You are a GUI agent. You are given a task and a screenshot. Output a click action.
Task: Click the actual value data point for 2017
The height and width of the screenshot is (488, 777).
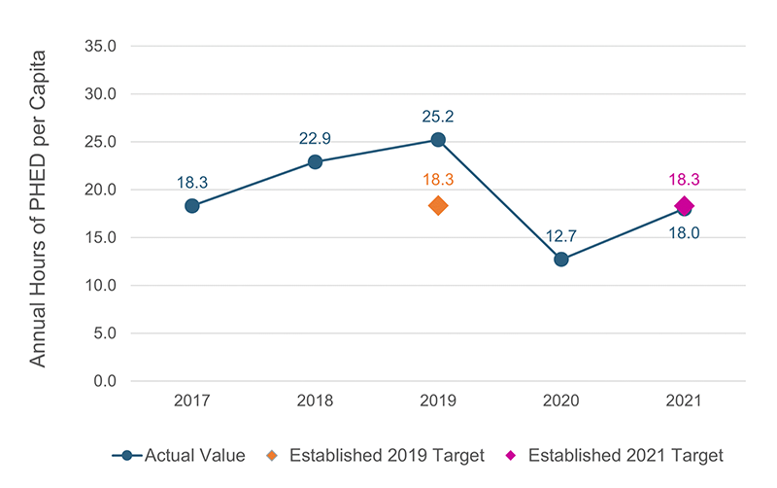click(192, 206)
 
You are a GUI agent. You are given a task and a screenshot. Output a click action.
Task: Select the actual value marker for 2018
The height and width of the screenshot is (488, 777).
click(316, 161)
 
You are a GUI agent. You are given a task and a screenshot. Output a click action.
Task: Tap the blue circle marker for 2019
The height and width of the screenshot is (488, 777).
click(438, 140)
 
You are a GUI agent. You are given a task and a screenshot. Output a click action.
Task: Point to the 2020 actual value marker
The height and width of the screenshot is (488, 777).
click(561, 260)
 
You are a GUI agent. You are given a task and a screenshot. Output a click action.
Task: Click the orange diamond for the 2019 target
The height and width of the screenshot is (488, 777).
click(438, 206)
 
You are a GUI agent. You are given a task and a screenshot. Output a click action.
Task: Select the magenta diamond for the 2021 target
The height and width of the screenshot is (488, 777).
click(685, 205)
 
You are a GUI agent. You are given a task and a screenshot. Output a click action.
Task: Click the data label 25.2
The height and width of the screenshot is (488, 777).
click(438, 117)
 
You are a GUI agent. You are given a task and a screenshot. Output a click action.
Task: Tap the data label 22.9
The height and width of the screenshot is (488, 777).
click(316, 139)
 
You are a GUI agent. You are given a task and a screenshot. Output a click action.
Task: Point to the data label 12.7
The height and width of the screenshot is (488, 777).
click(561, 236)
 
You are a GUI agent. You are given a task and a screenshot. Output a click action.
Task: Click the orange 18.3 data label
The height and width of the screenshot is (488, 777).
click(438, 180)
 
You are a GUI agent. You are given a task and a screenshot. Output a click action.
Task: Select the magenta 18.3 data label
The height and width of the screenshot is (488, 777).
click(685, 180)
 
